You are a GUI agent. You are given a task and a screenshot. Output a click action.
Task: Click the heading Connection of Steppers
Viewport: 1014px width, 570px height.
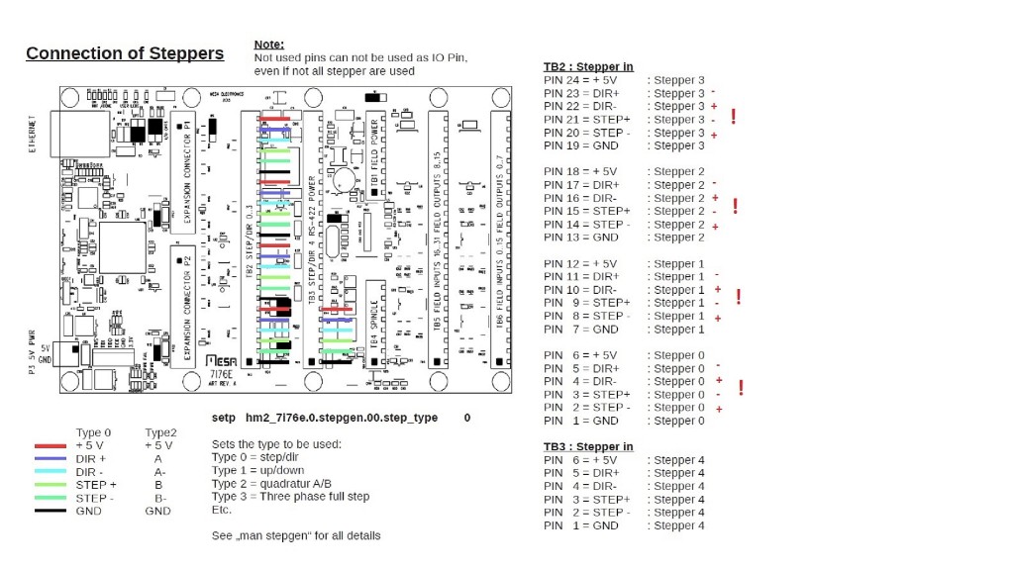pyautogui.click(x=125, y=53)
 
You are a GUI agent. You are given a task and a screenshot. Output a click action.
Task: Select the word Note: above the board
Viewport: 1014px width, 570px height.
pyautogui.click(x=269, y=45)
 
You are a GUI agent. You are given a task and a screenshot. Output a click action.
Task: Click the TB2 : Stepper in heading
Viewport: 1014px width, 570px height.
pyautogui.click(x=588, y=67)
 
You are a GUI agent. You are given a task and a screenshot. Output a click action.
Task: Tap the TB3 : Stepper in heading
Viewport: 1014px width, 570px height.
pyautogui.click(x=588, y=447)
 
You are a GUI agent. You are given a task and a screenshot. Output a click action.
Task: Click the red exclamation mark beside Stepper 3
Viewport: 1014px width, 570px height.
pyautogui.click(x=734, y=116)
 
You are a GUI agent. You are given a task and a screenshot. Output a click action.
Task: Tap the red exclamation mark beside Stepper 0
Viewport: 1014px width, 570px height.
pyautogui.click(x=741, y=388)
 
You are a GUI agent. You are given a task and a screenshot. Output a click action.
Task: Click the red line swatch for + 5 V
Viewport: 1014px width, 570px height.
pyautogui.click(x=50, y=446)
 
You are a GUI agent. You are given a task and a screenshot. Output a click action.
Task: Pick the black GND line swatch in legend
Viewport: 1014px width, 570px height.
pyautogui.click(x=50, y=511)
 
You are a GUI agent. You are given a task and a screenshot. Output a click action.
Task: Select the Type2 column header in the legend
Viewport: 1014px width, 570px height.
pyautogui.click(x=160, y=432)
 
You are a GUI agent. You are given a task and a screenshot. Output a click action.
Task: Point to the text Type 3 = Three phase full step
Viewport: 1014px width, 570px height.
pyautogui.click(x=290, y=497)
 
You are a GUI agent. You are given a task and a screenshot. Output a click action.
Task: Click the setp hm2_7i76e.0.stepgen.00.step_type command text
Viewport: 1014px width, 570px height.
pyautogui.click(x=325, y=419)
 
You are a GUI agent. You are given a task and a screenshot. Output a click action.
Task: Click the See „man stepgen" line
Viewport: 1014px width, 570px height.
pyautogui.click(x=296, y=535)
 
